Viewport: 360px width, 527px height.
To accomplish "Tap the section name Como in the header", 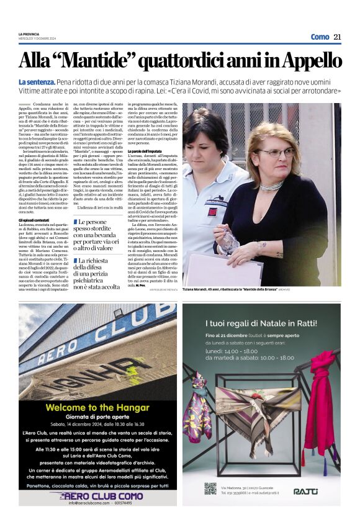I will (x=320, y=37).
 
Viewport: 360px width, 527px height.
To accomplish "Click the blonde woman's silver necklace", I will (x=272, y=186).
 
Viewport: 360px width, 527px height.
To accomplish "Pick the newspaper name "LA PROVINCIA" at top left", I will (x=29, y=34).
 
